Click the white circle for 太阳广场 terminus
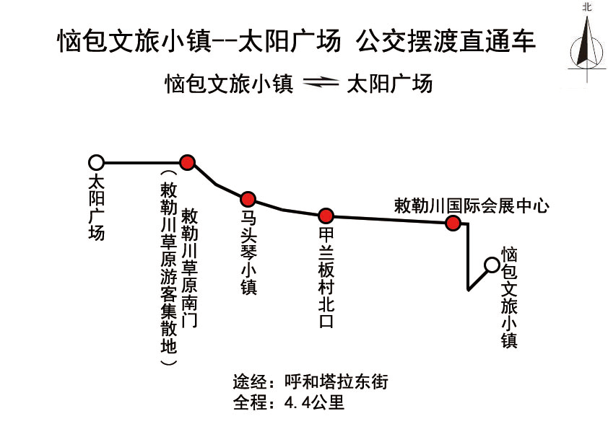coord(96,163)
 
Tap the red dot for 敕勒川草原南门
coord(187,163)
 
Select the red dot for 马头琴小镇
coord(248,199)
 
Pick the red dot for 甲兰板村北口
coord(326,216)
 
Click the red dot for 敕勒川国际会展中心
coord(453,223)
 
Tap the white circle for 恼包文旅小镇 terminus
coord(492,265)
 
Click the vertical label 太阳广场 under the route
coord(97,208)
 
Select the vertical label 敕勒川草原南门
coord(190,267)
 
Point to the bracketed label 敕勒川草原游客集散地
coord(169,267)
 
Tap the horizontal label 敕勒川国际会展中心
coord(472,205)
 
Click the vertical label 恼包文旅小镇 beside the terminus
coord(509,298)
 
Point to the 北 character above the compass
coord(587,7)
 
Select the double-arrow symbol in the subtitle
coord(321,83)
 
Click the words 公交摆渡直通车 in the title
coord(446,40)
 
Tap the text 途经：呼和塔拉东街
coord(310,381)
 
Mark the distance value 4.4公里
coord(314,402)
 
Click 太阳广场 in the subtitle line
coord(389,84)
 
